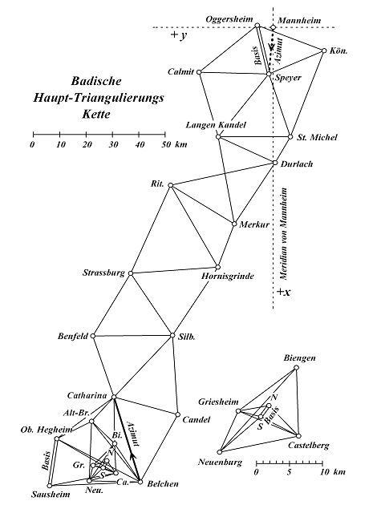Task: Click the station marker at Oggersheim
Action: (x=257, y=25)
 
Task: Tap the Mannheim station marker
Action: (x=273, y=27)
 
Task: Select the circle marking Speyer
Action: (x=269, y=75)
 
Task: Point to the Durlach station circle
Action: (x=274, y=163)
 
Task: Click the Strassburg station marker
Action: (x=131, y=273)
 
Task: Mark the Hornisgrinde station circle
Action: (x=217, y=267)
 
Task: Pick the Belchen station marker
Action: (x=140, y=482)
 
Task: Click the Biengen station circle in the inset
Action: (x=296, y=367)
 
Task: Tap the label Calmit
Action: (x=180, y=71)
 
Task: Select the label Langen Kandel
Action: (x=216, y=125)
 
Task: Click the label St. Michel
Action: (x=317, y=137)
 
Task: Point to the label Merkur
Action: (x=254, y=224)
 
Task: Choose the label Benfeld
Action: (x=73, y=336)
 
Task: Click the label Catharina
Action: (x=87, y=395)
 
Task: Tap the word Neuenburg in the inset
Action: (x=220, y=463)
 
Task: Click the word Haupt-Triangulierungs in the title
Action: (x=99, y=98)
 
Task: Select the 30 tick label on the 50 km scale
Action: (x=113, y=144)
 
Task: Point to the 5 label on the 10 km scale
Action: (x=289, y=472)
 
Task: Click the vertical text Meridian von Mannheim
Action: (x=283, y=233)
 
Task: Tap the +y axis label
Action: (x=179, y=35)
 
